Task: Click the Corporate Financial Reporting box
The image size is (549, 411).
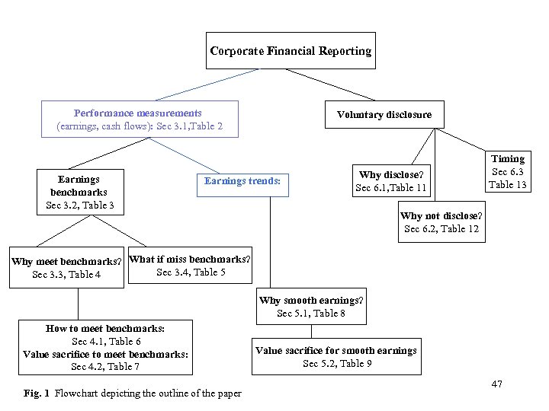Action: [x=291, y=51]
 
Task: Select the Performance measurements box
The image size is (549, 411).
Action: [x=139, y=119]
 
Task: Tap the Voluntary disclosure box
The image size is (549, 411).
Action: [x=384, y=115]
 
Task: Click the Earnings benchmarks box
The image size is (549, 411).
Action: [x=79, y=192]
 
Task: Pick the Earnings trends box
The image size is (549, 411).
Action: [x=242, y=181]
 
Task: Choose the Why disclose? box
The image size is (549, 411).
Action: [x=390, y=181]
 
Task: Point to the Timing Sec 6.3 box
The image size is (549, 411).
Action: [x=507, y=171]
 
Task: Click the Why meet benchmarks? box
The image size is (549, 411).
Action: [x=66, y=268]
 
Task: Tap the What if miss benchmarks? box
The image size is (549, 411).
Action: [x=190, y=266]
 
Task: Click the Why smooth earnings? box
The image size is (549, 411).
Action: [x=311, y=307]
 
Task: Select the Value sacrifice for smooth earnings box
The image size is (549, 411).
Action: [x=336, y=357]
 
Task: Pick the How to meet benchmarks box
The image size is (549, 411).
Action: [x=105, y=348]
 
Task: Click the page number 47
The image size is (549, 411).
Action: [x=496, y=384]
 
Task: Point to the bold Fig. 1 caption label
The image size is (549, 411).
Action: [x=37, y=393]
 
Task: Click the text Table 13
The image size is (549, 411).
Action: [x=507, y=185]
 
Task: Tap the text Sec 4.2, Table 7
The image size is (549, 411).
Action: [x=105, y=367]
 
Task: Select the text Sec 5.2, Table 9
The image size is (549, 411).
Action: [x=337, y=364]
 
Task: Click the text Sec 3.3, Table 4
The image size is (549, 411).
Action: [x=66, y=275]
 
